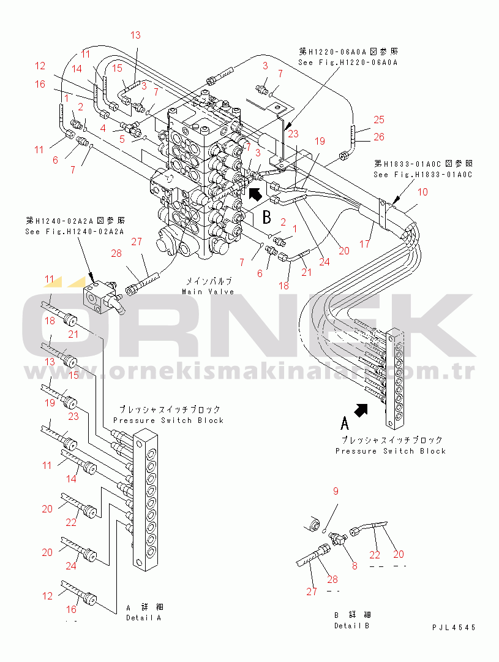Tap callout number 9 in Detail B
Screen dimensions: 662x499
coord(336,491)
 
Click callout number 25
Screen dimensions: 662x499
coord(379,120)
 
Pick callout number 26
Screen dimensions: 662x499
coord(379,137)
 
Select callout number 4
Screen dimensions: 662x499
coord(103,127)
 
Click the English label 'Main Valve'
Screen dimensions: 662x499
coord(208,292)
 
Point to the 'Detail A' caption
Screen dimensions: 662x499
coord(143,618)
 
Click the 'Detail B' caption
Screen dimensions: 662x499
coord(352,626)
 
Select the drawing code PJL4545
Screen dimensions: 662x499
coord(453,628)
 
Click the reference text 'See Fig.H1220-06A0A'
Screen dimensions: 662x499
coord(348,63)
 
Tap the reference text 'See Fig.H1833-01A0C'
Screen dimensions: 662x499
coord(423,175)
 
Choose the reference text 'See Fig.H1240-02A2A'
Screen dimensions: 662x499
coord(75,232)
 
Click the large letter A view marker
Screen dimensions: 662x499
coord(345,422)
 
